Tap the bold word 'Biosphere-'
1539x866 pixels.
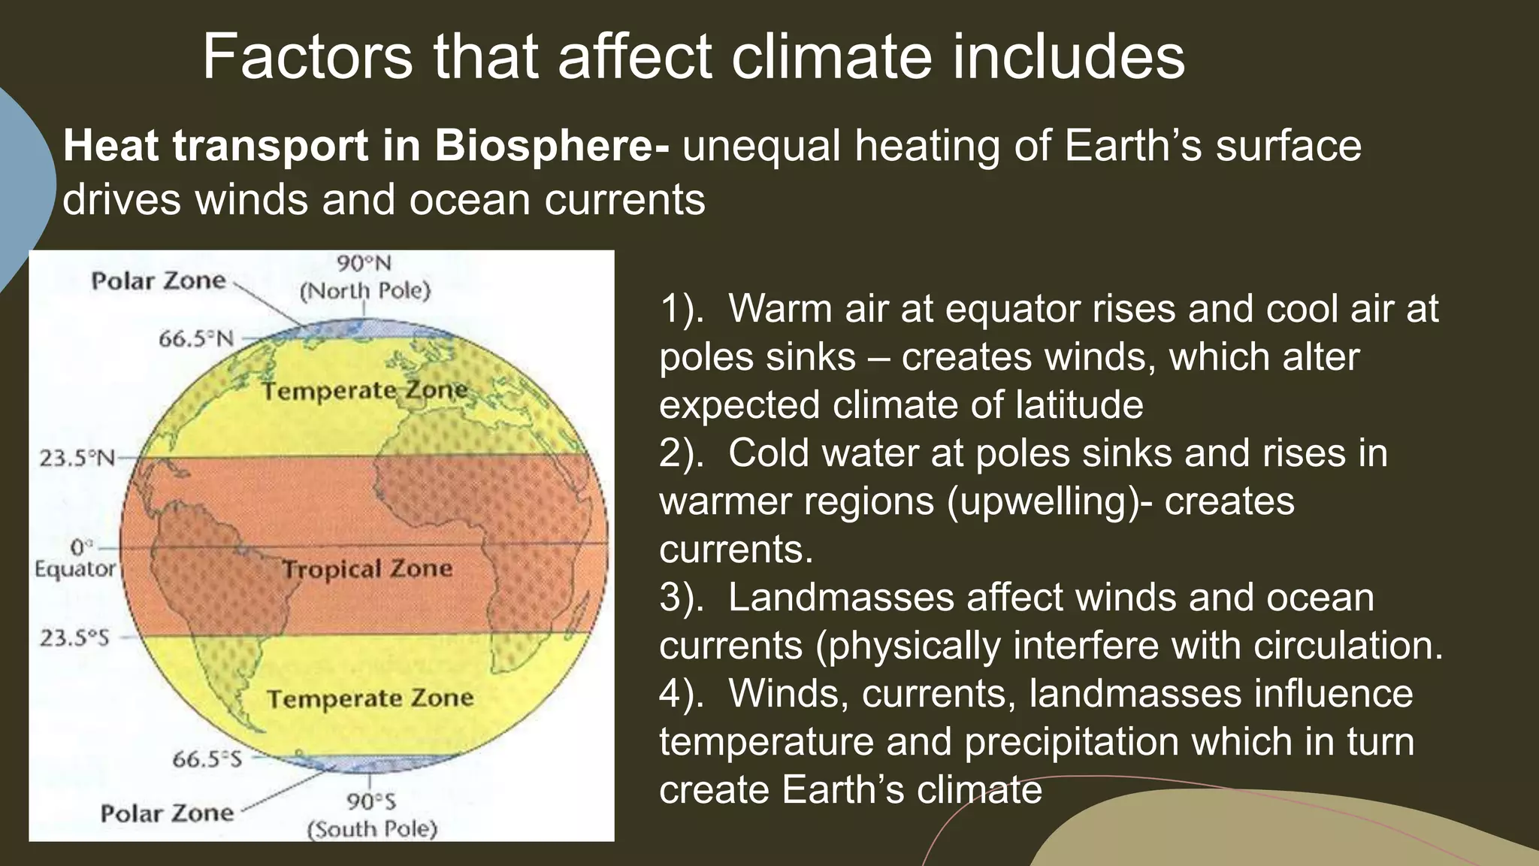(551, 146)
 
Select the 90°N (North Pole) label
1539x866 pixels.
(365, 277)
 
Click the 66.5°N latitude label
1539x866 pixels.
(195, 339)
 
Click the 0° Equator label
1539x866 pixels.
(75, 558)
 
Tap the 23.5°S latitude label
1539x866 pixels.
(74, 638)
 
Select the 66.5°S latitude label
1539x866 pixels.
(207, 759)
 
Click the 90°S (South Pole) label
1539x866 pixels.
(372, 815)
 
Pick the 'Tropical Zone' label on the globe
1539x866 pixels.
(367, 569)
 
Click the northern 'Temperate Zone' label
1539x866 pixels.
(364, 391)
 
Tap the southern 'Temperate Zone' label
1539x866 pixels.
(370, 699)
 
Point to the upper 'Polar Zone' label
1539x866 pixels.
(159, 281)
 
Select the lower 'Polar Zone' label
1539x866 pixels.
(167, 813)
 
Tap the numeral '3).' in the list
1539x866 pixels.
(681, 598)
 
